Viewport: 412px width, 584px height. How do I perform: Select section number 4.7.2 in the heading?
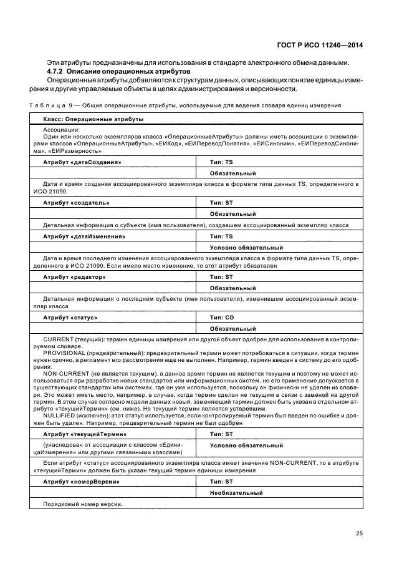coord(57,72)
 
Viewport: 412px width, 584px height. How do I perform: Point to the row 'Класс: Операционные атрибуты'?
coord(93,118)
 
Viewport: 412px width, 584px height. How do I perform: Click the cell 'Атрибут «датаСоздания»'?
coord(82,162)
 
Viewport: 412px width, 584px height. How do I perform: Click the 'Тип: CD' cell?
coord(221,318)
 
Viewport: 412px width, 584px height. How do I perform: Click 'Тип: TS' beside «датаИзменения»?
coord(221,236)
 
